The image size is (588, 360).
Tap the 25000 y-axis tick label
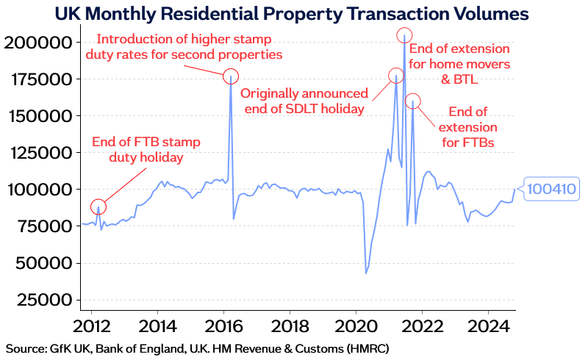click(41, 300)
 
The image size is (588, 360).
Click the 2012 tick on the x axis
click(91, 325)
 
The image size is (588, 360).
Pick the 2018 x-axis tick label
click(290, 325)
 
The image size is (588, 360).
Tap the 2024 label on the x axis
click(488, 325)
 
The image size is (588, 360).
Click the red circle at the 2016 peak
click(232, 76)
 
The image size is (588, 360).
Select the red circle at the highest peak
click(404, 35)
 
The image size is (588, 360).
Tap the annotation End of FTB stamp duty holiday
click(146, 149)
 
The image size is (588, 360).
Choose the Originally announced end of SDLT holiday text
click(304, 101)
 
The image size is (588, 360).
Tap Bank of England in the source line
click(129, 348)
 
